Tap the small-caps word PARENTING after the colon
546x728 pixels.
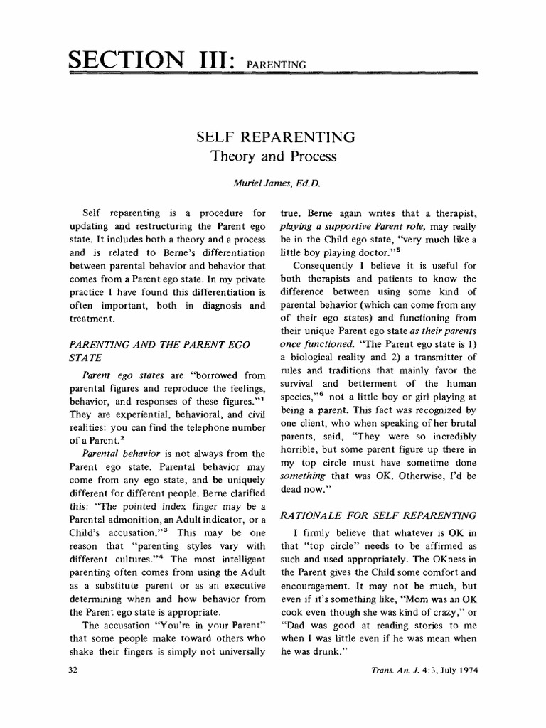[276, 65]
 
